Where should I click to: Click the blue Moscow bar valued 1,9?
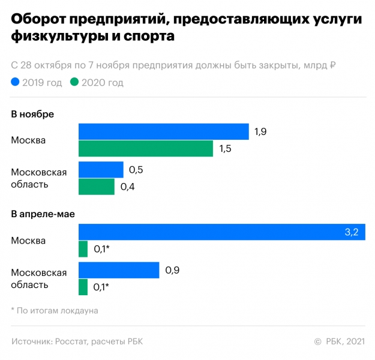[163, 131]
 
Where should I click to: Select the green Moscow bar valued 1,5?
[146, 148]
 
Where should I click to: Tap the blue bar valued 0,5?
[101, 170]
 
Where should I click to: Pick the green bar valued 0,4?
[96, 187]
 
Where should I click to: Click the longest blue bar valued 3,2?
[222, 232]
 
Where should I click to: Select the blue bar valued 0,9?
[119, 271]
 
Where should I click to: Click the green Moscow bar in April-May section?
[83, 248]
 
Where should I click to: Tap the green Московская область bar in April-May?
[83, 287]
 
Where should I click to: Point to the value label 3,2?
[351, 232]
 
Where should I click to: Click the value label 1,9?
[260, 131]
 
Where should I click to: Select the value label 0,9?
[172, 271]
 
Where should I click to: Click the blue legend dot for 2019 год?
[15, 83]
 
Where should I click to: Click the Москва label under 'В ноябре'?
[28, 140]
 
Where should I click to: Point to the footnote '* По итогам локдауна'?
[54, 310]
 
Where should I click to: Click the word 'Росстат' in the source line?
[71, 341]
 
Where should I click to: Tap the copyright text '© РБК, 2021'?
[339, 341]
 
